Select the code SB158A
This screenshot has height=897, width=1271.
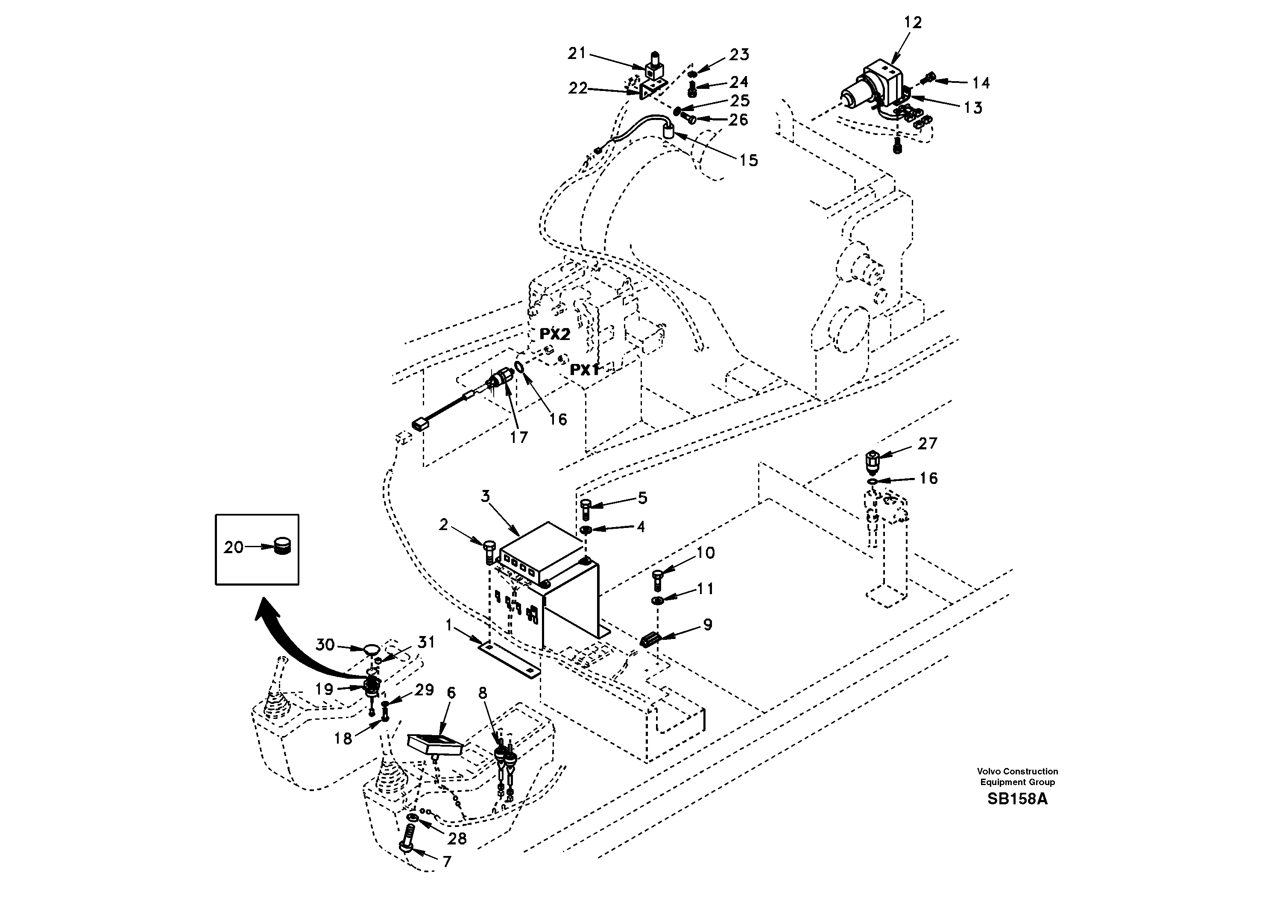pos(1017,800)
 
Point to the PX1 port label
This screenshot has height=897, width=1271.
pos(585,370)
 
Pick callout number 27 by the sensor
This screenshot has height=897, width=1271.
pos(928,443)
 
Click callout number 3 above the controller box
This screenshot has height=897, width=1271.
pos(486,496)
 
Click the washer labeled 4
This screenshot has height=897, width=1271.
pos(585,531)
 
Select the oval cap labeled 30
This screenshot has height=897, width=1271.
pos(371,648)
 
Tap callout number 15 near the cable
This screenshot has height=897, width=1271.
pos(748,161)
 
